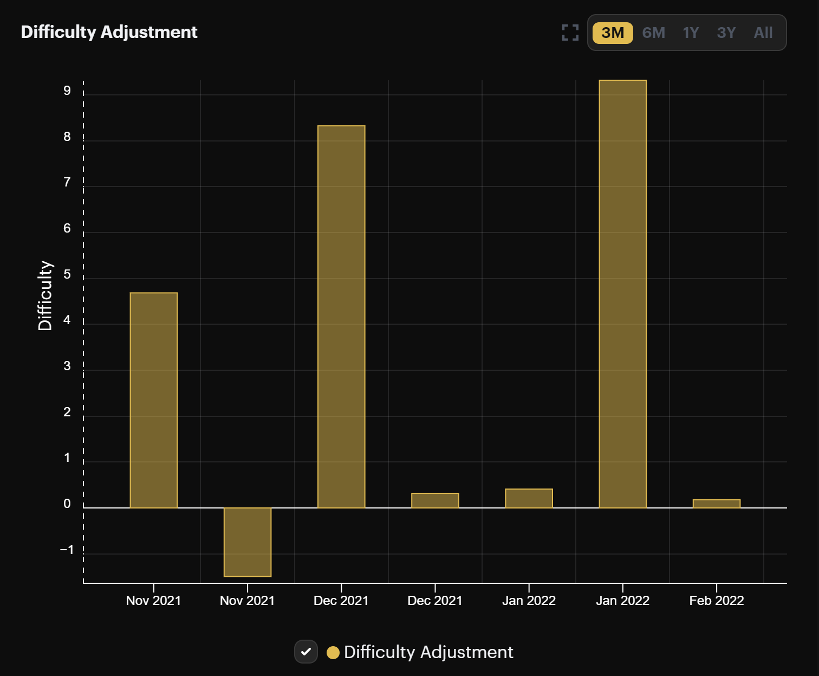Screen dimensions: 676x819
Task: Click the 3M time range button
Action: point(613,33)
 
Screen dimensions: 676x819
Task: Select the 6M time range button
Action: point(653,33)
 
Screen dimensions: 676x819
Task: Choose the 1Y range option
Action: point(691,33)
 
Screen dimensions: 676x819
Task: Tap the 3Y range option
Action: point(726,33)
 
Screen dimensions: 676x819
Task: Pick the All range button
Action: point(763,33)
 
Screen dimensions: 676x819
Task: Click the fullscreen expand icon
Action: point(570,33)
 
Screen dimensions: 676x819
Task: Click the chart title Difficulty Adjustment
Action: point(109,32)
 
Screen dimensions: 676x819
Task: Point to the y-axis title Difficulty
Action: point(45,295)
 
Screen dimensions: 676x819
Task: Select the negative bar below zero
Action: point(248,542)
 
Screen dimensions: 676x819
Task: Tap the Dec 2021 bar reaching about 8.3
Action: point(341,317)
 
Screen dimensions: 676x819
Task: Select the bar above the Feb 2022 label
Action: point(716,504)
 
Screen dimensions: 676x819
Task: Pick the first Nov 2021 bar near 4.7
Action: point(154,400)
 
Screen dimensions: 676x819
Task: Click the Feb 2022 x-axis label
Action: point(716,601)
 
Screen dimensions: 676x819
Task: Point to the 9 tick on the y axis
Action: point(67,91)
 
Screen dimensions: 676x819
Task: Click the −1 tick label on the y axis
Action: point(67,550)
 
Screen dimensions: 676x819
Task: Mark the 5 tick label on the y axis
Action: point(67,274)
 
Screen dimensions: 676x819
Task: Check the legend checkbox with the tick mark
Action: point(306,652)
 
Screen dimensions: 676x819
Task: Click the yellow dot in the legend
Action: point(333,652)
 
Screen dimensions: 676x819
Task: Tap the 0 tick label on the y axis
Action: point(67,504)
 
